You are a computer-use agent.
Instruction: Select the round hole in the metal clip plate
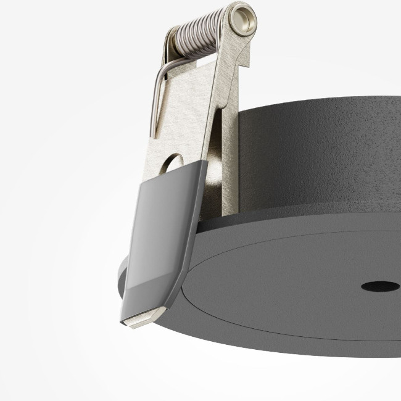coord(175,162)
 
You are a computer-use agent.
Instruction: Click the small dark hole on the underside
coord(379,286)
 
